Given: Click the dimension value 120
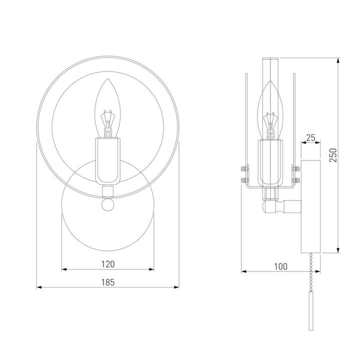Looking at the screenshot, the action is click(108, 264).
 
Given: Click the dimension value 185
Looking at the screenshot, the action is click(108, 282).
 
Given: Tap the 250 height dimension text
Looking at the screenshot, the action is click(333, 155).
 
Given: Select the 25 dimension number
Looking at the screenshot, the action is click(310, 138).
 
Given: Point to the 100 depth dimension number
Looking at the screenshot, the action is click(280, 266).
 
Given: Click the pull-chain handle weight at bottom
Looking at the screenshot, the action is click(311, 311).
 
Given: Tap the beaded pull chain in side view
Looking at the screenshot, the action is click(311, 272).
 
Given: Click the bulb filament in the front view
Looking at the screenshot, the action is click(107, 124).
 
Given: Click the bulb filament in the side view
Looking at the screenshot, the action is click(270, 126).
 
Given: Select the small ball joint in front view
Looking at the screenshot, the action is click(108, 204).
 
